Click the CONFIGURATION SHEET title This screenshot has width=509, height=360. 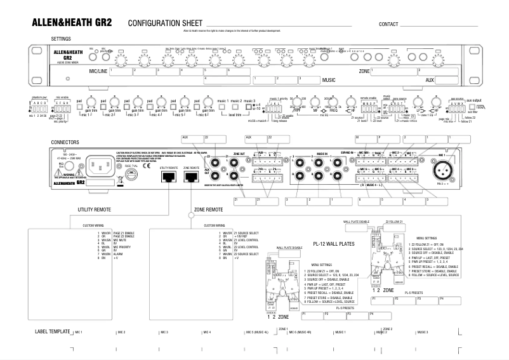(x=167, y=23)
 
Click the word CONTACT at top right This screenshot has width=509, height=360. (x=388, y=24)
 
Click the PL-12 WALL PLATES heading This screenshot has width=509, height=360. (x=333, y=243)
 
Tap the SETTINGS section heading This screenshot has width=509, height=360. (x=61, y=39)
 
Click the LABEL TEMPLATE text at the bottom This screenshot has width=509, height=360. (x=52, y=332)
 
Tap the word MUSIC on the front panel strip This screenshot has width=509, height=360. (x=329, y=81)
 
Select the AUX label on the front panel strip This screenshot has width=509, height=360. (x=430, y=81)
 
